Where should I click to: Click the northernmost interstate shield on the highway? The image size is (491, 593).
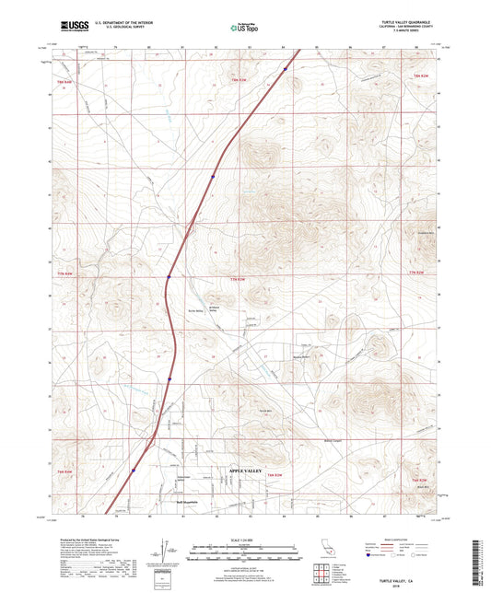[286, 68]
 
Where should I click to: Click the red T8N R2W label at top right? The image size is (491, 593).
[421, 74]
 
